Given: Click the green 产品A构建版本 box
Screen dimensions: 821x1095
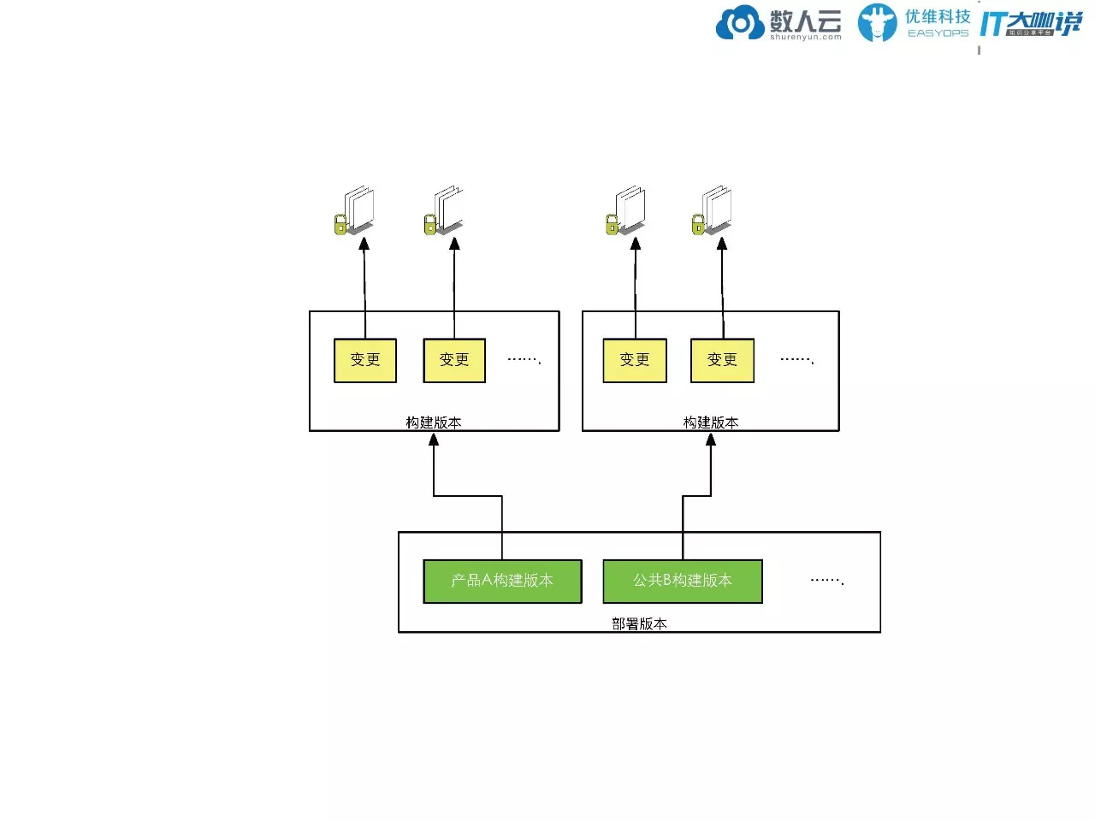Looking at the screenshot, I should [x=502, y=581].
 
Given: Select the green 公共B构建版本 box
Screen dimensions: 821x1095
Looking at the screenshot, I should [x=682, y=581].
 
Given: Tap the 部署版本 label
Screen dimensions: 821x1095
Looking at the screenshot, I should [x=639, y=623].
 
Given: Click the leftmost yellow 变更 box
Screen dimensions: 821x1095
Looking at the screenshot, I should [x=364, y=360].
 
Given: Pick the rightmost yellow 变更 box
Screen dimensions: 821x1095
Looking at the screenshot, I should [x=722, y=360].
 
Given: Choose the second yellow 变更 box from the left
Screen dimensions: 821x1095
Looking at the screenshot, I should [x=454, y=360].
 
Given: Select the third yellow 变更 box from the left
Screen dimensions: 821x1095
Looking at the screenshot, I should [x=634, y=360].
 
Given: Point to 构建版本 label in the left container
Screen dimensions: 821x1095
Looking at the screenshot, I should [x=434, y=422].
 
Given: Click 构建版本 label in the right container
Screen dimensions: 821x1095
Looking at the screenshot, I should [x=711, y=422].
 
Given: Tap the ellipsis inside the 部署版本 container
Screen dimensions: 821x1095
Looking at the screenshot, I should [x=826, y=581].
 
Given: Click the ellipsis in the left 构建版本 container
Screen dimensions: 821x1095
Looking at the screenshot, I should [x=524, y=360].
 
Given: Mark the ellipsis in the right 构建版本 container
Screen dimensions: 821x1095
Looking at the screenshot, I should [x=796, y=360].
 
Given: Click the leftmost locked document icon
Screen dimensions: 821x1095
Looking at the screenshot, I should [x=355, y=210].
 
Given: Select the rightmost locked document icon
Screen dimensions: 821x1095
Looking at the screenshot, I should [x=713, y=210].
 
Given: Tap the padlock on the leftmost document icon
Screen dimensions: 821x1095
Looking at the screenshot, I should [x=340, y=225].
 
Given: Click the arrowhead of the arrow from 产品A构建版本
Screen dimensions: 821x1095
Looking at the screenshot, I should [x=434, y=440].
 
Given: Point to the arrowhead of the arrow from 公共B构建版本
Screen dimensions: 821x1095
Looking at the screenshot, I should [x=711, y=440].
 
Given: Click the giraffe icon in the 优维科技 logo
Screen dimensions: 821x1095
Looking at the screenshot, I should [x=877, y=23].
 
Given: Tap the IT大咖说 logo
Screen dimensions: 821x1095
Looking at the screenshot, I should [x=1031, y=24].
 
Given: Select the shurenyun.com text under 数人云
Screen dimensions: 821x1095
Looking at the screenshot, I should [x=805, y=37].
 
